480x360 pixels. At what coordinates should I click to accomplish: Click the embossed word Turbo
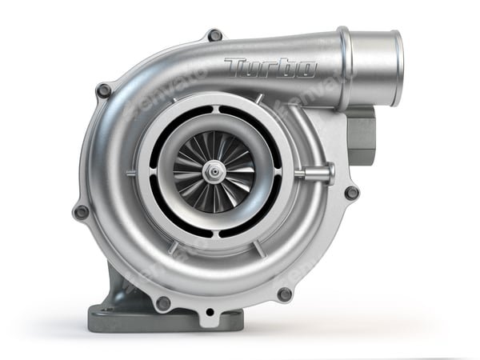click(x=270, y=68)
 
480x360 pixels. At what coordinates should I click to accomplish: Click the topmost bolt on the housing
click(x=214, y=35)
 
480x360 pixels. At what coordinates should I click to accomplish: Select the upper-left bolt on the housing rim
click(x=104, y=90)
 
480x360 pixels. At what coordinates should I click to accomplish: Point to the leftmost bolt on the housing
click(x=81, y=212)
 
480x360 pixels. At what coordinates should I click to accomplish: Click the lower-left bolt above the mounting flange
click(x=162, y=303)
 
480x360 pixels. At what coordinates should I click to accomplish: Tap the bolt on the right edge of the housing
click(x=351, y=192)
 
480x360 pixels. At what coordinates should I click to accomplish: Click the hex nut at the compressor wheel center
click(x=213, y=170)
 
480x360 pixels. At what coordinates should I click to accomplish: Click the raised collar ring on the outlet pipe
click(x=345, y=68)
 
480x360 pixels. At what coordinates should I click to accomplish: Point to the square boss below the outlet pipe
click(x=362, y=132)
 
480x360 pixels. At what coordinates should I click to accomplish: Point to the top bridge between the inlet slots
click(x=214, y=106)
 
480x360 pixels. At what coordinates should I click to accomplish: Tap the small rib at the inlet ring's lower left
click(x=171, y=247)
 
